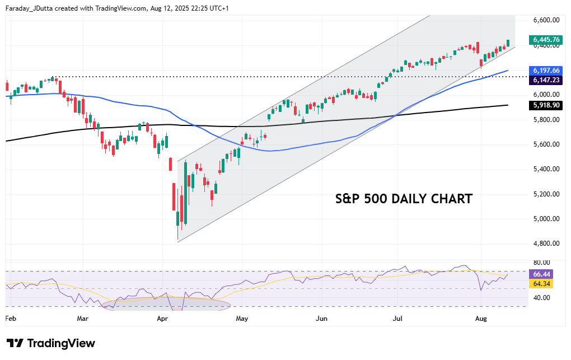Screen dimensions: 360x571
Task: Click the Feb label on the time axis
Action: point(11,319)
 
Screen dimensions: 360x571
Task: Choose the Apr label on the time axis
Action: point(163,319)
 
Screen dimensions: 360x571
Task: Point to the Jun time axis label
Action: point(322,319)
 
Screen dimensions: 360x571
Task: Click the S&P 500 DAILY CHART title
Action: point(403,199)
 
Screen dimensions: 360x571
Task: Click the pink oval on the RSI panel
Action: point(166,305)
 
